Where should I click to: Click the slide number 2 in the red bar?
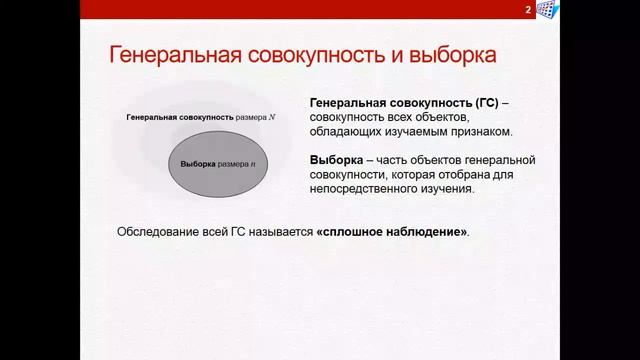click(x=527, y=10)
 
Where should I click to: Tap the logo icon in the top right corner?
click(x=547, y=10)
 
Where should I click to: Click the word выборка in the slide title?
click(x=446, y=54)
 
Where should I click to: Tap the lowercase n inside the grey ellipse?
click(x=253, y=163)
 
